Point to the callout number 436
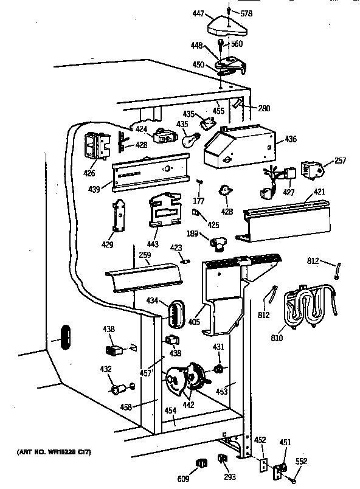tap(291, 140)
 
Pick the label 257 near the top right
tap(341, 161)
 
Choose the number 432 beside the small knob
tap(106, 369)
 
